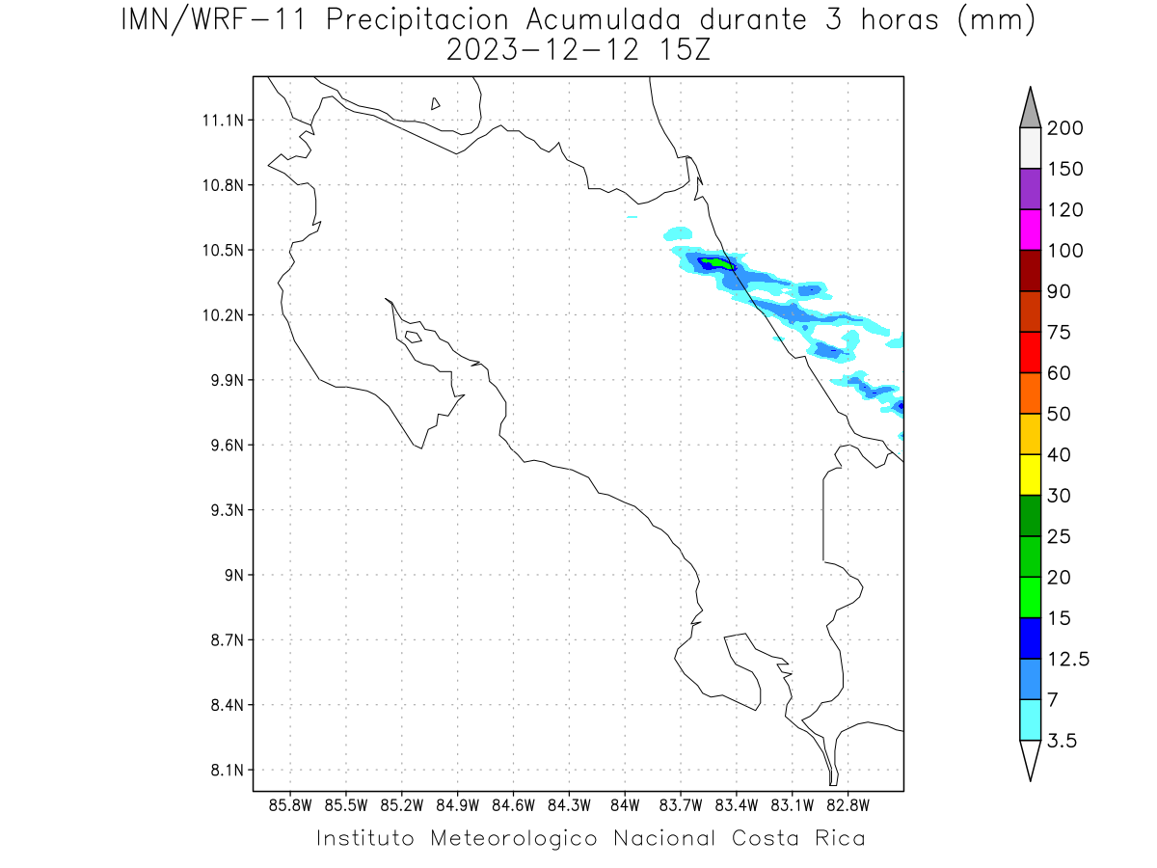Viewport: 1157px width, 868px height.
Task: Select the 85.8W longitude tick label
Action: tap(290, 805)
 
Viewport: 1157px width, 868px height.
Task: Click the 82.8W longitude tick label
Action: tap(848, 805)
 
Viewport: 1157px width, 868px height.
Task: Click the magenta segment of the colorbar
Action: tap(1030, 230)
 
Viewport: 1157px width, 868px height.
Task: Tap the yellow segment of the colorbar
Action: tap(1030, 475)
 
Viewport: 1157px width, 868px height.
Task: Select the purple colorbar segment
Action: tap(1030, 189)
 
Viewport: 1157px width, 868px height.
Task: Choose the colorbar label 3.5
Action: tap(1063, 741)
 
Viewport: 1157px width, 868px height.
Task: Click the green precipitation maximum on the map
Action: tap(718, 262)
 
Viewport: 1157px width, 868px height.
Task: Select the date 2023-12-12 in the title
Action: tap(544, 50)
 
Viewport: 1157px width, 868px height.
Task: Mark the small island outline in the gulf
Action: tap(413, 337)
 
